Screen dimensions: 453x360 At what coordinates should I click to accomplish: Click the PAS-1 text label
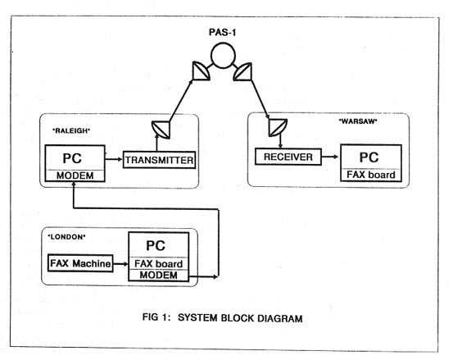[x=223, y=32]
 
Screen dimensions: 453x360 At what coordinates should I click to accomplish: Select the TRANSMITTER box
[x=159, y=160]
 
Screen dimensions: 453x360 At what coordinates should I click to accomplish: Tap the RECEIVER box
[x=288, y=157]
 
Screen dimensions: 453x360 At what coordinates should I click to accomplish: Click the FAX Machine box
[x=80, y=263]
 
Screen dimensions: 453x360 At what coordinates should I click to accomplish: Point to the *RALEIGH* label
[x=71, y=130]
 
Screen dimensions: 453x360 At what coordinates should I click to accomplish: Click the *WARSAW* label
[x=358, y=121]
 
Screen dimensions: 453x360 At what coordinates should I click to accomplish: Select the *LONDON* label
[x=66, y=237]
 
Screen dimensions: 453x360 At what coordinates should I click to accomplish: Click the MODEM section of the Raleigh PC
[x=75, y=175]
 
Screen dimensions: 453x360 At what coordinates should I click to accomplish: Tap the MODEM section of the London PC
[x=159, y=275]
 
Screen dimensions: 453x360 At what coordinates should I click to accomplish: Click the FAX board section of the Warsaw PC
[x=371, y=175]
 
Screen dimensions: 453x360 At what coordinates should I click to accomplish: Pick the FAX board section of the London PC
[x=159, y=264]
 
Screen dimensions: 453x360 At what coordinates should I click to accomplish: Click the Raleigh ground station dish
[x=161, y=130]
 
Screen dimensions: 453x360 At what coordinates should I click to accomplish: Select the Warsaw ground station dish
[x=278, y=128]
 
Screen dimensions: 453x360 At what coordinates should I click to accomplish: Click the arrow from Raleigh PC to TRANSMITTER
[x=114, y=159]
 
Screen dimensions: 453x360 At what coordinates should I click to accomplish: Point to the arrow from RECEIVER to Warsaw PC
[x=329, y=157]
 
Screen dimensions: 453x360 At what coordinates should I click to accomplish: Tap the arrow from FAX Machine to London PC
[x=120, y=264]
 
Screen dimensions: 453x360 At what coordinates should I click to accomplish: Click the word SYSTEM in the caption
[x=197, y=318]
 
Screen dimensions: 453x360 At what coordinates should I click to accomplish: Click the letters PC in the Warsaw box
[x=369, y=157]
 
